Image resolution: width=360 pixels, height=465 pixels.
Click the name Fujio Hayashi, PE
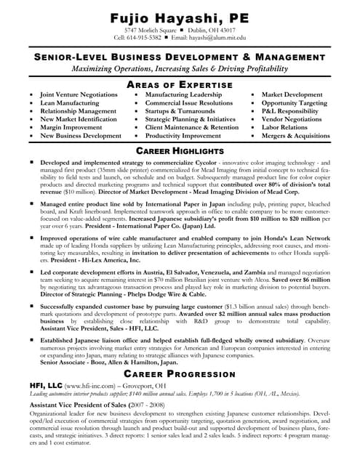tap(180, 17)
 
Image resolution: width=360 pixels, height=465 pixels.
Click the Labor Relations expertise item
tap(284, 127)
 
